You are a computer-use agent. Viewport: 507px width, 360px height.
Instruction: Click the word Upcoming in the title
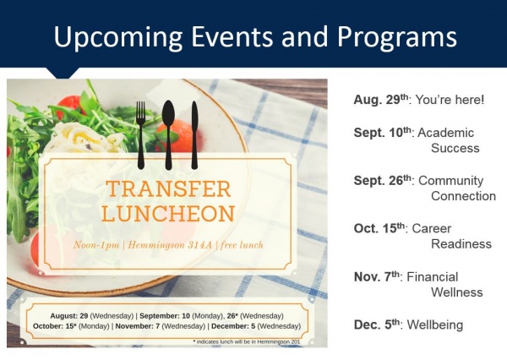(x=118, y=37)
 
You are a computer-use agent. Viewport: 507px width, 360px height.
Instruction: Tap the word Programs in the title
(x=397, y=37)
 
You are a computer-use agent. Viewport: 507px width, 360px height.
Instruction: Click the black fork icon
(x=140, y=135)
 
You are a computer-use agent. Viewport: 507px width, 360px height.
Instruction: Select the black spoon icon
(x=168, y=135)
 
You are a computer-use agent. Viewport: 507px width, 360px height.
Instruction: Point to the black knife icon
(x=194, y=135)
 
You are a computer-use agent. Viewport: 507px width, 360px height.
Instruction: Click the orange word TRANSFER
(x=168, y=189)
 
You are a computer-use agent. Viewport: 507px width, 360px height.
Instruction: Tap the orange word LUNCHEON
(x=168, y=214)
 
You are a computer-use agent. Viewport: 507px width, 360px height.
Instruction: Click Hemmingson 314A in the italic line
(x=170, y=245)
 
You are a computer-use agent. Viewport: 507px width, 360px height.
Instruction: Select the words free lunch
(x=243, y=245)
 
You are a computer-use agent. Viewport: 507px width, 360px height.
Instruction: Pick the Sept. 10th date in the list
(x=384, y=133)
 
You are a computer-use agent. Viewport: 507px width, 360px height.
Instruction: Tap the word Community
(x=451, y=181)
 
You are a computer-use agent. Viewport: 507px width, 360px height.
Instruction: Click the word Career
(x=432, y=229)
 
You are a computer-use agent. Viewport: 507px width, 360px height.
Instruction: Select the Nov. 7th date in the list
(x=378, y=276)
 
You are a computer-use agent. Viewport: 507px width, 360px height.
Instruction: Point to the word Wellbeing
(x=435, y=325)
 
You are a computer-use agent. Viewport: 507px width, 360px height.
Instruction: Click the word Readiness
(x=461, y=244)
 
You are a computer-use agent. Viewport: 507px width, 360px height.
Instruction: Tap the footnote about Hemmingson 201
(x=247, y=341)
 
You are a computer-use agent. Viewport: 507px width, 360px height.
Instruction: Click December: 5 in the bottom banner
(x=233, y=326)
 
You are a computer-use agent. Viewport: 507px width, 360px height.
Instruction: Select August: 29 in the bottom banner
(x=69, y=316)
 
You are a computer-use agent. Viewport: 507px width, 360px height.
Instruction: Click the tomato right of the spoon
(x=181, y=136)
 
